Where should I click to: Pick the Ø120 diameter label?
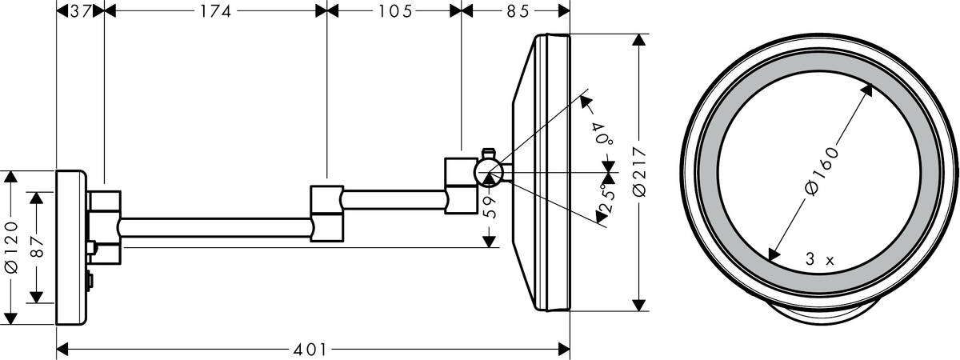click(x=11, y=249)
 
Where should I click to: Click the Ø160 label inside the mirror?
click(x=821, y=170)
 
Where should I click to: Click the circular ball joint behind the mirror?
click(x=488, y=172)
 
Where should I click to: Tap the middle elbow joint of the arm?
click(x=326, y=213)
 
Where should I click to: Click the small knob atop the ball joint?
click(x=488, y=152)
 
